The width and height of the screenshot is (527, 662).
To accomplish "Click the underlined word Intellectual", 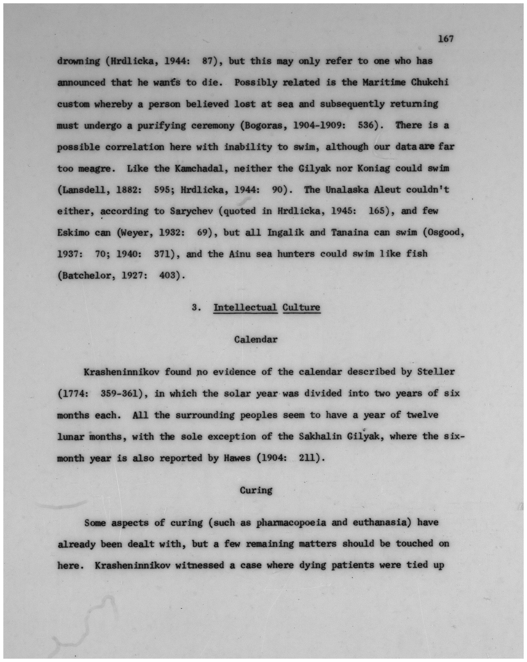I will (245, 307).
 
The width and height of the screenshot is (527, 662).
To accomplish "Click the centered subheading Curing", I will (256, 490).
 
